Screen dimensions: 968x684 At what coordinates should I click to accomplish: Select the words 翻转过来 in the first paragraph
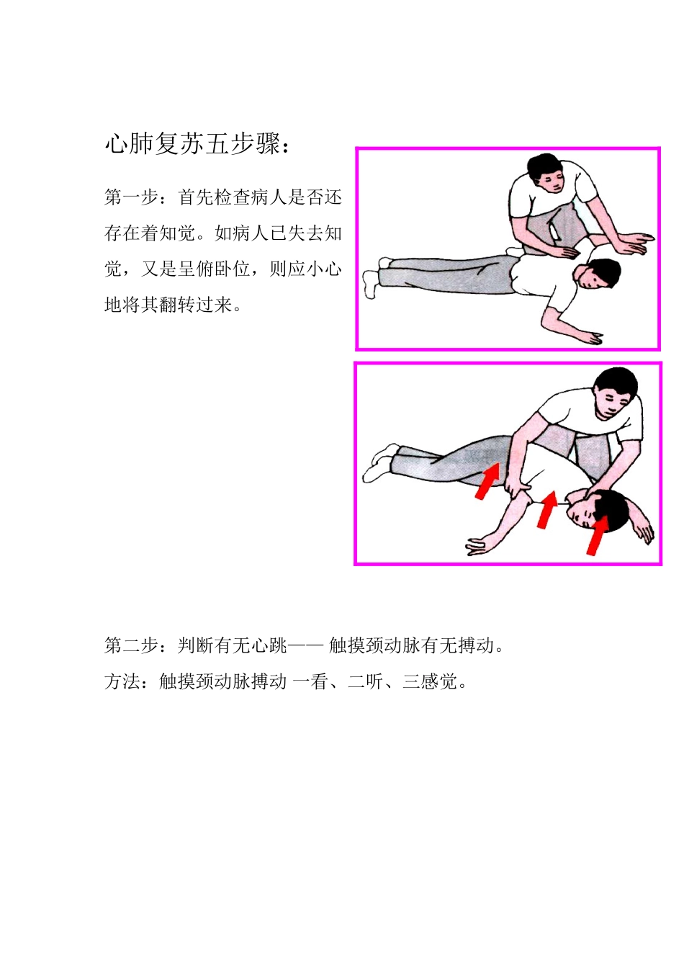click(x=196, y=305)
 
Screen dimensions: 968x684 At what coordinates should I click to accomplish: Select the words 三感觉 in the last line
click(x=430, y=681)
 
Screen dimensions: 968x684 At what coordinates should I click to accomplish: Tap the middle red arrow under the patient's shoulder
click(x=547, y=509)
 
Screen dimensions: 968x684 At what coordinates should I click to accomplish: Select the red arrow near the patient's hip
click(x=487, y=481)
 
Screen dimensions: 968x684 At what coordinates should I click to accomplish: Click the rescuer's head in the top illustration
click(x=546, y=172)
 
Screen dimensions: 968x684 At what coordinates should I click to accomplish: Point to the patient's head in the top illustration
click(x=597, y=274)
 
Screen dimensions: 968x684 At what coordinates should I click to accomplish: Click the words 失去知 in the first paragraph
click(x=315, y=233)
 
